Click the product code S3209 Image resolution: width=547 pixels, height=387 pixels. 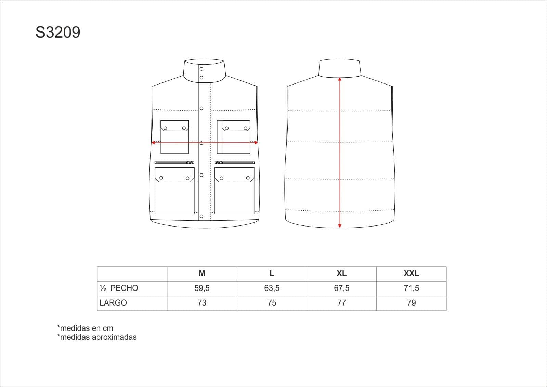(x=58, y=32)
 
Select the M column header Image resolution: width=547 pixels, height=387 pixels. (x=202, y=273)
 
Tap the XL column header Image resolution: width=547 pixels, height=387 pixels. (x=341, y=273)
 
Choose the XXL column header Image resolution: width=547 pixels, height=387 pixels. (x=412, y=273)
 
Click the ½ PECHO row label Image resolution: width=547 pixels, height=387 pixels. (x=119, y=288)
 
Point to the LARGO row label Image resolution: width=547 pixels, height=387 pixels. (x=113, y=303)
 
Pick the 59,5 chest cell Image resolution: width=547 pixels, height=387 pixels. (x=202, y=288)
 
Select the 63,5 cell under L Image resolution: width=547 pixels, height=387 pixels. (x=272, y=288)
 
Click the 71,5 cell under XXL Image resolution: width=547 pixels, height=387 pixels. (x=412, y=288)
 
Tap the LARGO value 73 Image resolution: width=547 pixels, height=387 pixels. (x=202, y=303)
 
